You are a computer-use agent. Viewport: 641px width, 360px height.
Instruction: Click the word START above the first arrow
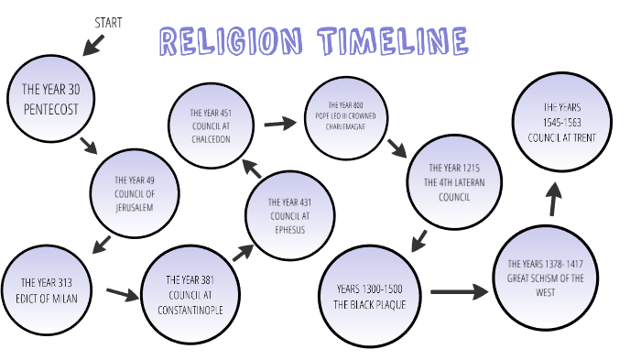[x=109, y=20]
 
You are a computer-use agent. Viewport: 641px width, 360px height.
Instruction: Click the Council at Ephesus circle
[x=288, y=216]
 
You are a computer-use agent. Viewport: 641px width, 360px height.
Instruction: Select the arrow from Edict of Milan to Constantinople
[x=120, y=293]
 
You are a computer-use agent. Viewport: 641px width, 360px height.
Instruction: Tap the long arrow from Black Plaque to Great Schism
[x=459, y=292]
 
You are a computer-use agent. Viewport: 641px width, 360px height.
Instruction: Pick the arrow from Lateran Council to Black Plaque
[x=418, y=240]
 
